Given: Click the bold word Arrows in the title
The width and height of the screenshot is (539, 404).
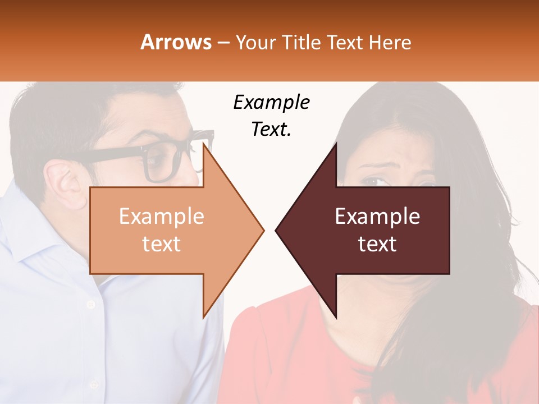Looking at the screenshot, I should coord(176,42).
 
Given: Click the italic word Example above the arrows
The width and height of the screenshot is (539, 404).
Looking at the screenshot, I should coord(271,102).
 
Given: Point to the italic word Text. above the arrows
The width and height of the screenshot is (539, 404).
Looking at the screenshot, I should coord(271,129).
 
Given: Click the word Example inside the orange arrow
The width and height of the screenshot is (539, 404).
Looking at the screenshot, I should coord(161,217).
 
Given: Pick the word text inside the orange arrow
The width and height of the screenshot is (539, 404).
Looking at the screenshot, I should coord(161,244).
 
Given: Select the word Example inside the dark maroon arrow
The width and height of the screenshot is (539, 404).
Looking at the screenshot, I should coord(377,217).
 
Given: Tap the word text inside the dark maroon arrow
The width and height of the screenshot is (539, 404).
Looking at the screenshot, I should coord(377,244).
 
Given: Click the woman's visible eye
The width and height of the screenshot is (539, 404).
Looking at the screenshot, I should coord(371,181).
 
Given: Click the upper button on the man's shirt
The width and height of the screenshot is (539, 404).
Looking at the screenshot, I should coord(90,304).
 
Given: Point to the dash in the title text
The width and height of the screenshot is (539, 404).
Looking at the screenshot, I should coord(223,43).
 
